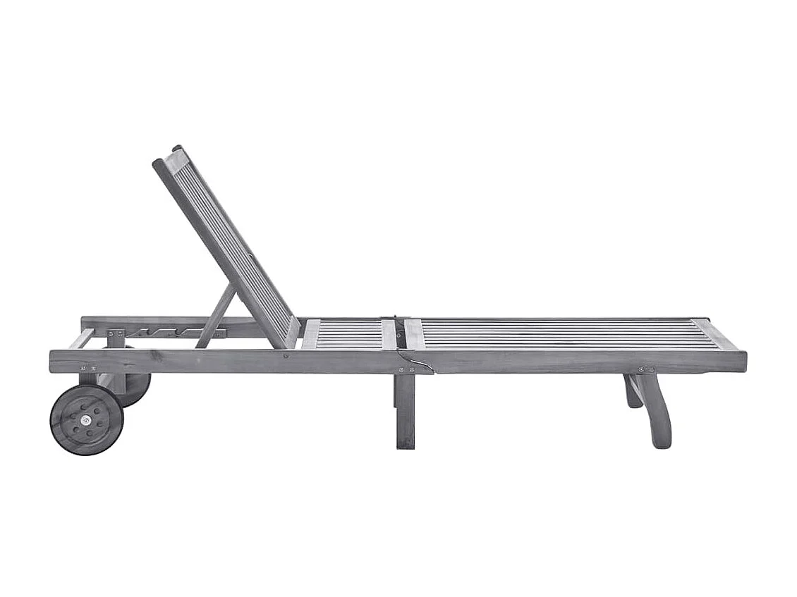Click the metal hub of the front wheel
tap(86, 419)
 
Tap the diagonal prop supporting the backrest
tap(216, 316)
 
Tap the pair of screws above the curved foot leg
tap(645, 369)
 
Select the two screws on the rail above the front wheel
tap(87, 368)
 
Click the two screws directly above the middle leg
tap(406, 369)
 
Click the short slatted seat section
tap(349, 334)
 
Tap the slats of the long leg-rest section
tap(564, 334)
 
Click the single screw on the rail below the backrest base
tap(285, 356)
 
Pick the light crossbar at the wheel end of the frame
tap(81, 339)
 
